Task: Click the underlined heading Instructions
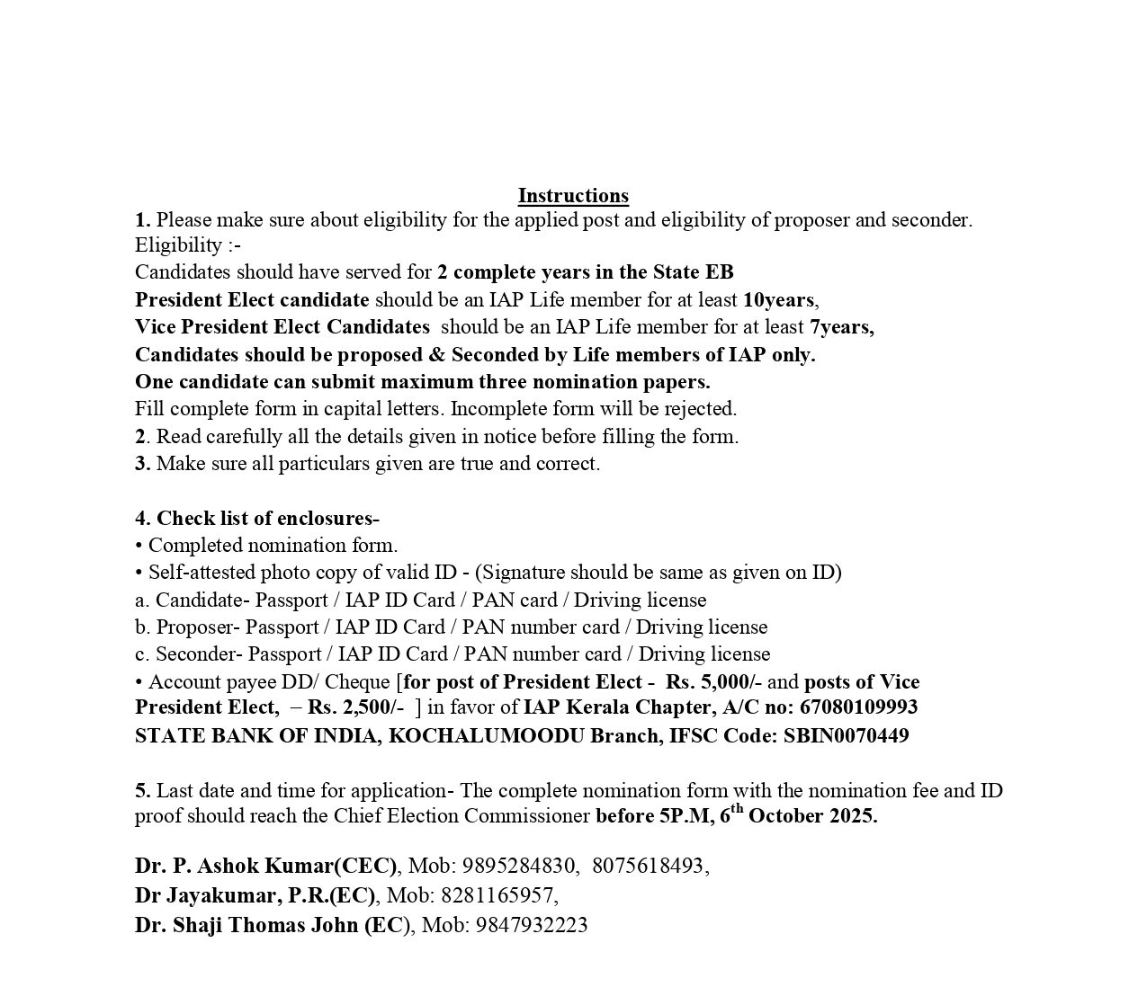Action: pos(573,196)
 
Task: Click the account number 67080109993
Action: pos(858,707)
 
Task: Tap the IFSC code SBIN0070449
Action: pos(846,736)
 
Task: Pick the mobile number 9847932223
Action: pos(532,926)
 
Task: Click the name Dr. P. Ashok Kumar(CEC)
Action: pos(265,867)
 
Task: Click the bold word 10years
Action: pos(778,300)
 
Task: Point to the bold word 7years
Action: pos(840,327)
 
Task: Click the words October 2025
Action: pos(812,816)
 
